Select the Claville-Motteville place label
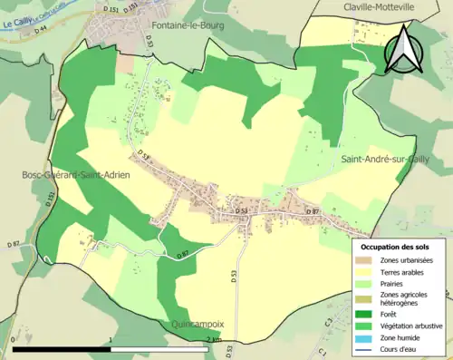click(378, 6)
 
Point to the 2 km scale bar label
click(214, 339)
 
